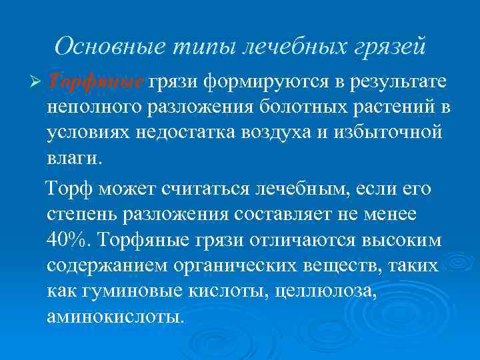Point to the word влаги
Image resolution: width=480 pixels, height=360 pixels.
click(x=75, y=158)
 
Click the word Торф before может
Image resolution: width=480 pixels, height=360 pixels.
click(x=71, y=190)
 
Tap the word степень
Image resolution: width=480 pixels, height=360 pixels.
click(x=85, y=215)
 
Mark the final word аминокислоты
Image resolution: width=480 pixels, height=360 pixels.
click(x=114, y=315)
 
